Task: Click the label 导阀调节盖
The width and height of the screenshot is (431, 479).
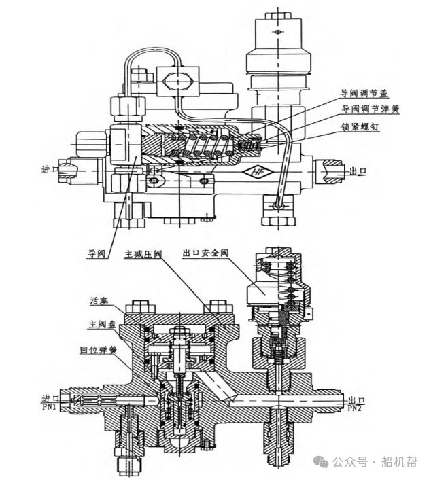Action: point(364,93)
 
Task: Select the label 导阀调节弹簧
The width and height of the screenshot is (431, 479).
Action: point(370,109)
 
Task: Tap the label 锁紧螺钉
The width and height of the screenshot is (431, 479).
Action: point(360,126)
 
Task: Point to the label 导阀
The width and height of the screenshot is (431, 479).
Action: point(97,253)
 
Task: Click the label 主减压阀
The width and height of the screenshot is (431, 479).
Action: point(143,254)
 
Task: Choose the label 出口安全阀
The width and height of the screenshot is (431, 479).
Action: point(205,253)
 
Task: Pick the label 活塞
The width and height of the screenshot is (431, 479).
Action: point(99,300)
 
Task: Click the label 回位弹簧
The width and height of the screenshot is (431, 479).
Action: point(98,350)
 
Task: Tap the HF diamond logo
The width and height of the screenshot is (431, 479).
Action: point(258,172)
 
